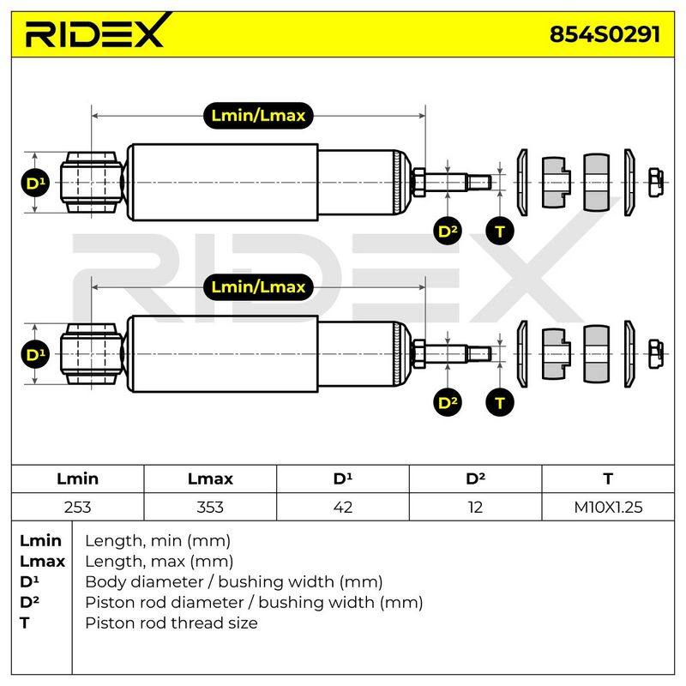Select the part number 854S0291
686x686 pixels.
click(x=605, y=34)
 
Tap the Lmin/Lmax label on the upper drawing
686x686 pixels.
click(x=258, y=116)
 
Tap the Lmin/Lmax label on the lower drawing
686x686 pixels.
click(x=258, y=287)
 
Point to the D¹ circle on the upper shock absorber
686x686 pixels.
click(x=35, y=183)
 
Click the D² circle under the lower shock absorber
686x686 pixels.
click(x=448, y=402)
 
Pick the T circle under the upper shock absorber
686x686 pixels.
click(x=500, y=231)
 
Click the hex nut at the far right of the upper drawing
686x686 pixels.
click(x=655, y=183)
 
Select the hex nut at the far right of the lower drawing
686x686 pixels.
click(x=655, y=354)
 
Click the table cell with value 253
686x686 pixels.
click(x=77, y=507)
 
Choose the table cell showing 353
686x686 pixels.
click(x=210, y=507)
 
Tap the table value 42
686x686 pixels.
click(x=342, y=507)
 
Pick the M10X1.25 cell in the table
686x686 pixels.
click(x=608, y=507)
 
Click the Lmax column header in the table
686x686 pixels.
click(x=210, y=478)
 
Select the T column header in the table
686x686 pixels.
click(x=608, y=478)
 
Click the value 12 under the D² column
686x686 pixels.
click(x=475, y=507)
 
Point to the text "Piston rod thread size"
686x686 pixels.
click(x=171, y=623)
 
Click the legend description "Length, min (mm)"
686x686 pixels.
click(x=158, y=541)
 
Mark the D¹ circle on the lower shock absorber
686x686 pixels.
click(x=35, y=354)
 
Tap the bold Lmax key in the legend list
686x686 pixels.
click(x=42, y=562)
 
